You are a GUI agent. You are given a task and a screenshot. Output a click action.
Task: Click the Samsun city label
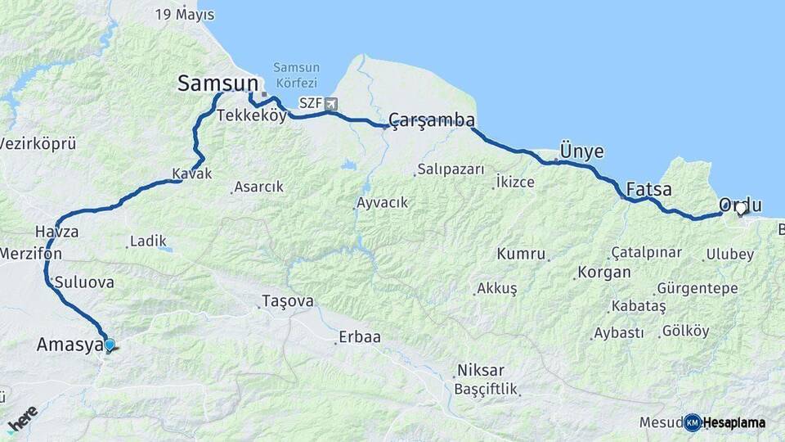[218, 83]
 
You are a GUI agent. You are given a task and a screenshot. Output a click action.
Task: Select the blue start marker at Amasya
[109, 345]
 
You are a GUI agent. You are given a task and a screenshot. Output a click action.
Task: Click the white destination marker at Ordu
[741, 209]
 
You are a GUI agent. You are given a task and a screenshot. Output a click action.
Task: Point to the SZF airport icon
[330, 103]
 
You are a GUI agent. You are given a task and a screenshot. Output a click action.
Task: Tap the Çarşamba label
[432, 120]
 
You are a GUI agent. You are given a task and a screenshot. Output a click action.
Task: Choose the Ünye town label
[581, 151]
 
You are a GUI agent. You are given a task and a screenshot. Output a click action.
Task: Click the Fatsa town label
[648, 190]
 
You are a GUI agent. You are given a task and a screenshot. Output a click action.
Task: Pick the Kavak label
[192, 174]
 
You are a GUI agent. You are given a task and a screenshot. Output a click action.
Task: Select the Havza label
[56, 232]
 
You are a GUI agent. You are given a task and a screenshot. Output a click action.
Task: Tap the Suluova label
[84, 282]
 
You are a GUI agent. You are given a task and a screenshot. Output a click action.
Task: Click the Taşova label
[287, 301]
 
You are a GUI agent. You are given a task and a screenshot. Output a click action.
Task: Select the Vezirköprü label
[38, 143]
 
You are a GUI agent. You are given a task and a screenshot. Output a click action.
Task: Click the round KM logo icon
[692, 422]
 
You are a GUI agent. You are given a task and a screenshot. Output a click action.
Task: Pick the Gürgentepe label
[697, 289]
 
